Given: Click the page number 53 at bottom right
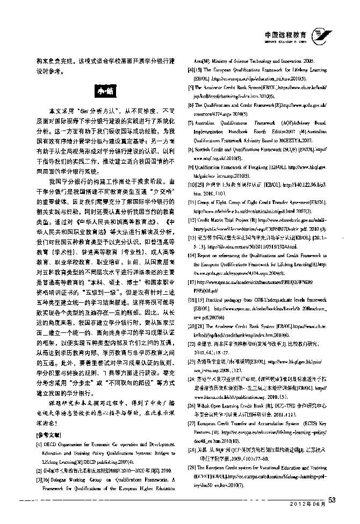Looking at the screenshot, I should tap(332, 515).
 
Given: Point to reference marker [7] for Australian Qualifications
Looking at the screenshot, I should tap(190, 122).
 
